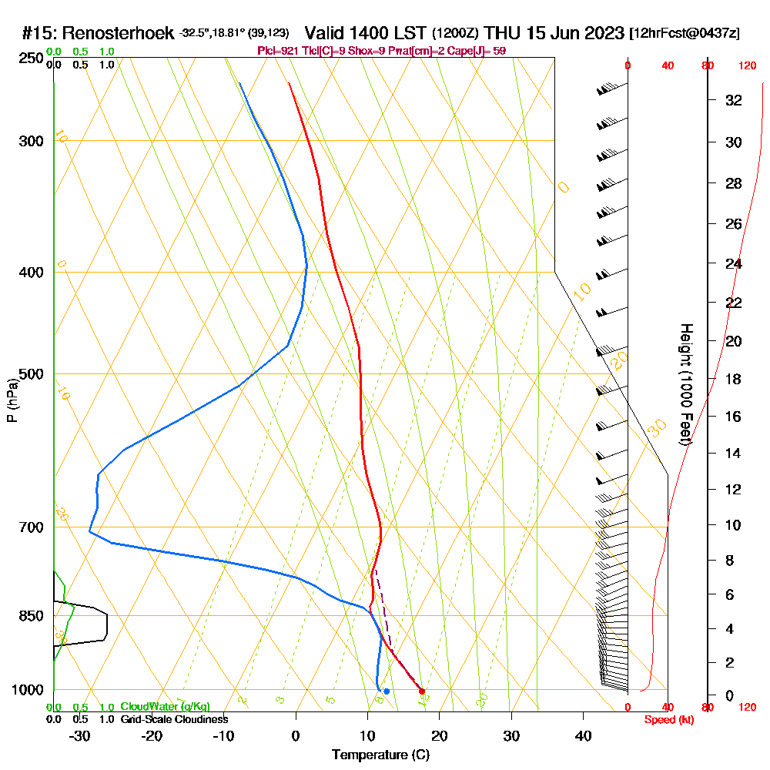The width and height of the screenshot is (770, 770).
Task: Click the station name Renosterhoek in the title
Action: click(119, 33)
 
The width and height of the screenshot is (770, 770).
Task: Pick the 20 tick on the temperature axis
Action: click(440, 735)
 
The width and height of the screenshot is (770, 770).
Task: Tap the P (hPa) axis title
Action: click(12, 400)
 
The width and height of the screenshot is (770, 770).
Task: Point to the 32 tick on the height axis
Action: click(734, 100)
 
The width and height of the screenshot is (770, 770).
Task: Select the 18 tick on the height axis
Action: click(734, 379)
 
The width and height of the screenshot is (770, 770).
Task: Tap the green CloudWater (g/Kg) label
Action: click(165, 707)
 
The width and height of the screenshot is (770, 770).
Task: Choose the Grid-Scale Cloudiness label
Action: click(174, 719)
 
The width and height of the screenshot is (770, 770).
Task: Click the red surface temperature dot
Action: click(421, 691)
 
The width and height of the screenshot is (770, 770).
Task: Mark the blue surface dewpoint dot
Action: click(386, 691)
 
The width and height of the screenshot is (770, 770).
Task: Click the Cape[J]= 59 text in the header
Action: click(482, 51)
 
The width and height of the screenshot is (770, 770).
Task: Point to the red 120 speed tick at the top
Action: click(746, 66)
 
